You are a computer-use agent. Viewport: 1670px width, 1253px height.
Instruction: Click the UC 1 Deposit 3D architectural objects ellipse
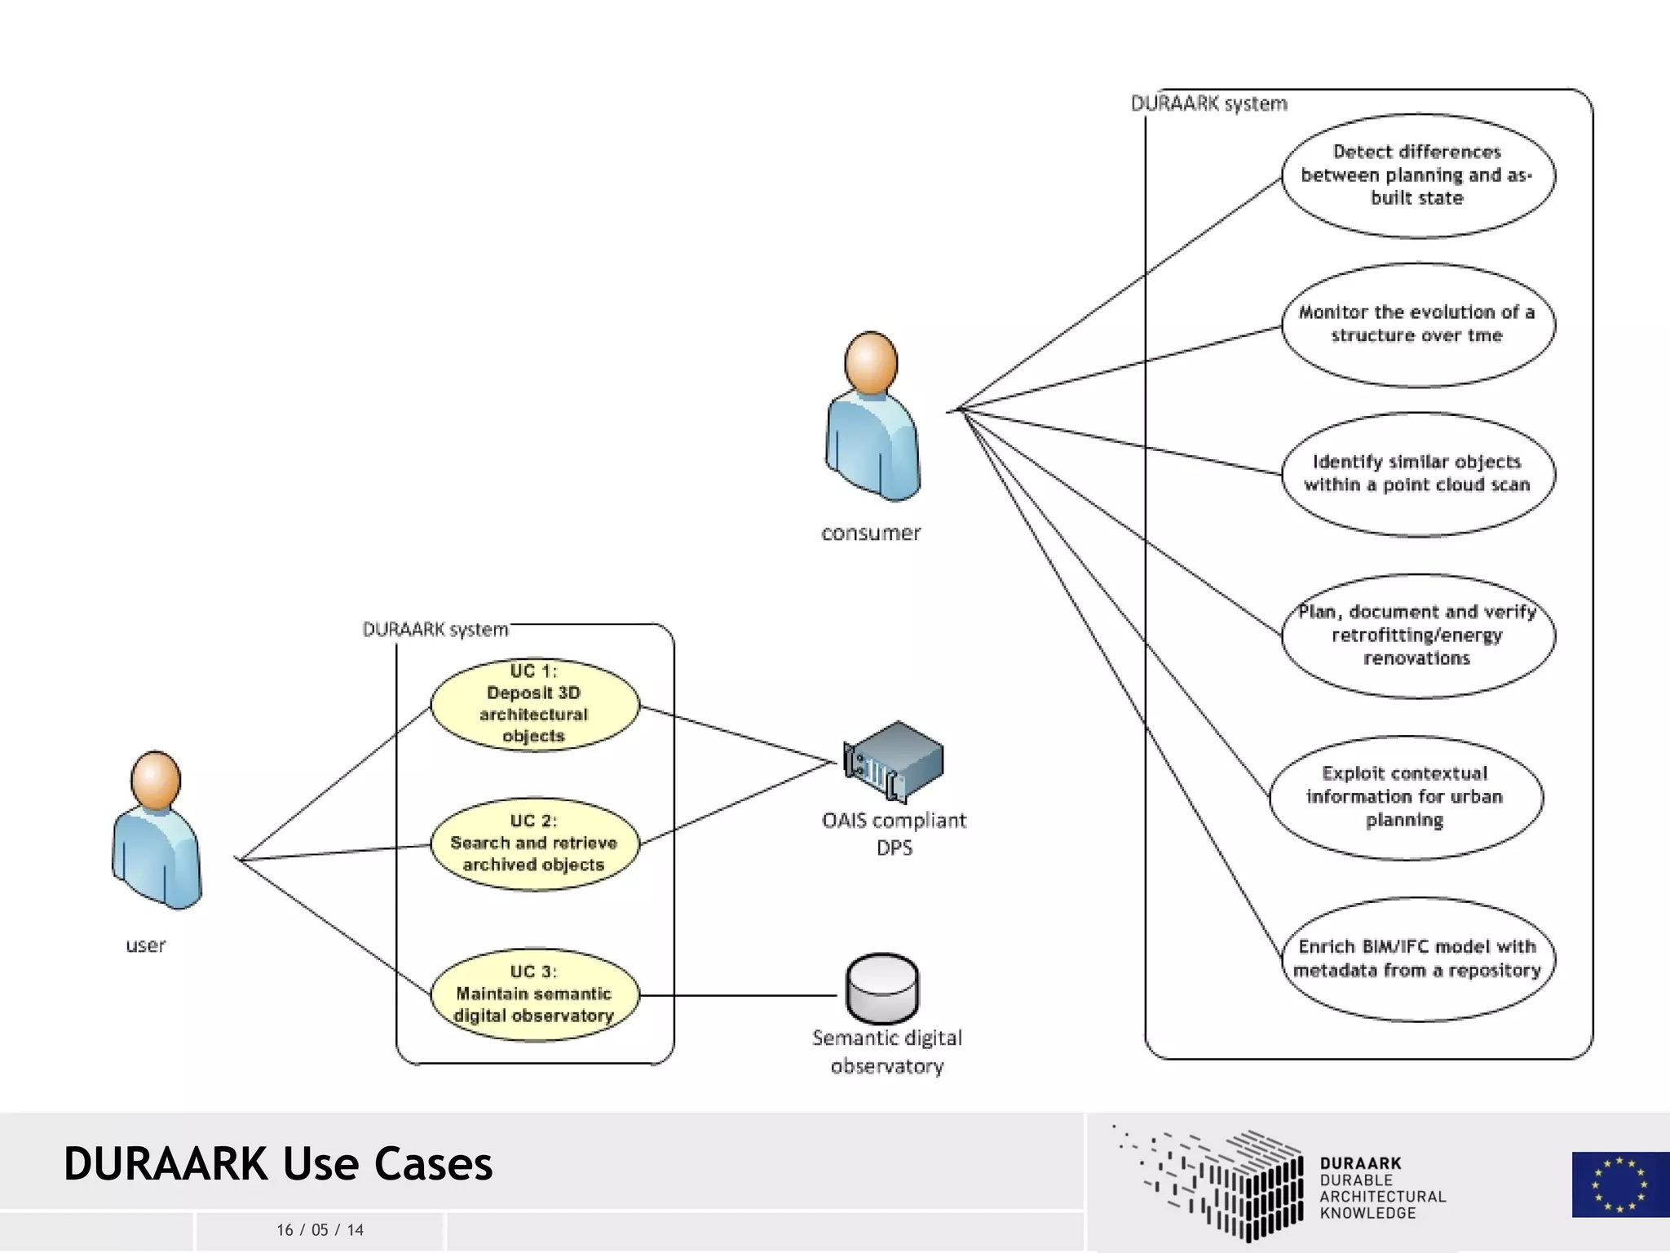coord(535,704)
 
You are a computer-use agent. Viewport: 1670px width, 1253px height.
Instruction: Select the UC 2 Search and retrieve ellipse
coord(535,843)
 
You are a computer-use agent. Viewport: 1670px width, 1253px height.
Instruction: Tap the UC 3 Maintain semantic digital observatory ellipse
coord(535,994)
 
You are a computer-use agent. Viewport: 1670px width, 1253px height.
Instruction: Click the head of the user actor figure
coord(155,780)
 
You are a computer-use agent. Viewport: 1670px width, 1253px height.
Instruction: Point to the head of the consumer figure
coord(871,362)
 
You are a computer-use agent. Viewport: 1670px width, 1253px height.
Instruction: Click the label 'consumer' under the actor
coord(871,534)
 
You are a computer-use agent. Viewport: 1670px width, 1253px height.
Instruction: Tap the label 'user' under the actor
coord(145,945)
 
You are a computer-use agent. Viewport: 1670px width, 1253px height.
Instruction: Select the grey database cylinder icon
coord(882,989)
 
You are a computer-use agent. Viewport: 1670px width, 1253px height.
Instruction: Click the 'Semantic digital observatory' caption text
coord(887,1052)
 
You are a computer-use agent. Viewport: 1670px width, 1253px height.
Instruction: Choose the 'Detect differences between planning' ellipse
coord(1417,175)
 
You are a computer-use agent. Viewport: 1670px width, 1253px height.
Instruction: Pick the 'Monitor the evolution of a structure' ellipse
coord(1417,325)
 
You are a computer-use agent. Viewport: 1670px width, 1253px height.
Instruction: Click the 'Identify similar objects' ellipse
coord(1417,474)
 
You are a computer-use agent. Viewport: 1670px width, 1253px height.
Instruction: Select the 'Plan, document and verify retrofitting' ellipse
coord(1417,635)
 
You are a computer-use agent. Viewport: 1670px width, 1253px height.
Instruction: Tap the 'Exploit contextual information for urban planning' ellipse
coord(1405,797)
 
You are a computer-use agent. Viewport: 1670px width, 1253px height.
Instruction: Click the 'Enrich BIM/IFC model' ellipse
coord(1417,959)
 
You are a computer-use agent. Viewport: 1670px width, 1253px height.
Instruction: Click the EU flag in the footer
coord(1619,1184)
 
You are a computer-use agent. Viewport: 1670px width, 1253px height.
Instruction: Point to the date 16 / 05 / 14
coord(320,1230)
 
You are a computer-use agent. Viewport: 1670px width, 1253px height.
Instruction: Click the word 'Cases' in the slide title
coord(433,1164)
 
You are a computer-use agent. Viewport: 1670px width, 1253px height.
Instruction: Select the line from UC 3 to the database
coord(738,995)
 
